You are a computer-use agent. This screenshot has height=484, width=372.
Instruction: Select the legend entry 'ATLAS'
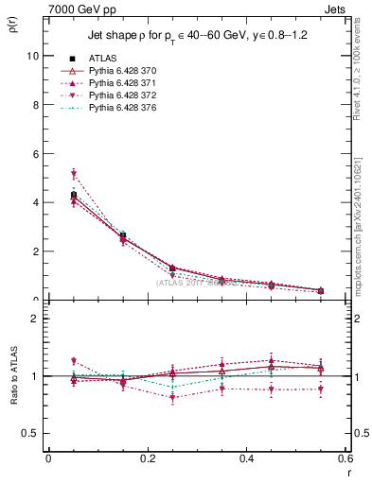tap(104, 58)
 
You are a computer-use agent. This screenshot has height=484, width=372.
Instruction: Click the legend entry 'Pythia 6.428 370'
tap(126, 71)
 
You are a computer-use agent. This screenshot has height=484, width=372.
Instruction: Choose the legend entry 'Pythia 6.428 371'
tap(126, 84)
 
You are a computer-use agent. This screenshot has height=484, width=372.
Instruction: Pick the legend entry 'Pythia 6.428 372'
tap(126, 96)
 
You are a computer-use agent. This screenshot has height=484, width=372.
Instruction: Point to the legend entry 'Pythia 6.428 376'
tap(126, 110)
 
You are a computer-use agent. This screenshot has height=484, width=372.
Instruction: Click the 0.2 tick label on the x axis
tap(147, 460)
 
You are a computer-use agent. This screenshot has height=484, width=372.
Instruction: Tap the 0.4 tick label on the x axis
tap(246, 460)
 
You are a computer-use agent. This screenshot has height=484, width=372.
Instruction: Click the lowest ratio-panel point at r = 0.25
tap(172, 398)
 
